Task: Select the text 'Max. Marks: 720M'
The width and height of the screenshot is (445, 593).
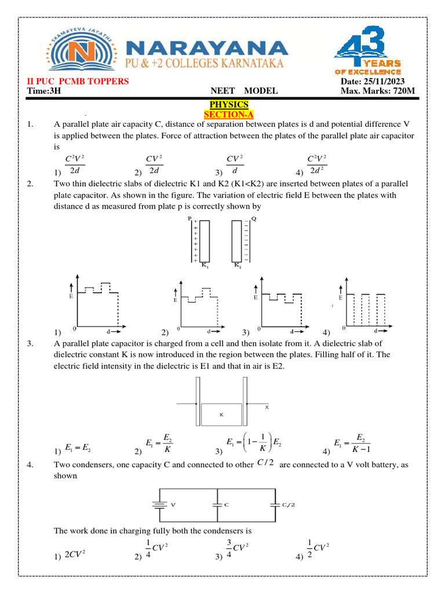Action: (x=377, y=91)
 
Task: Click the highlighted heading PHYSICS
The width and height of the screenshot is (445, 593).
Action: (x=229, y=104)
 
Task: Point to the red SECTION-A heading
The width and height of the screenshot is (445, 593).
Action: (x=229, y=114)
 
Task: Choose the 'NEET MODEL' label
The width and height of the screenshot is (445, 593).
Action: (x=244, y=91)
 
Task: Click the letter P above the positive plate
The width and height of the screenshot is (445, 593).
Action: (x=189, y=219)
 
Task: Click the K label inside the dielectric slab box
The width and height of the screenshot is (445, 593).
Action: (x=221, y=415)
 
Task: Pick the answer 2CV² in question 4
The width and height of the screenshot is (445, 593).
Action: (x=75, y=554)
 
